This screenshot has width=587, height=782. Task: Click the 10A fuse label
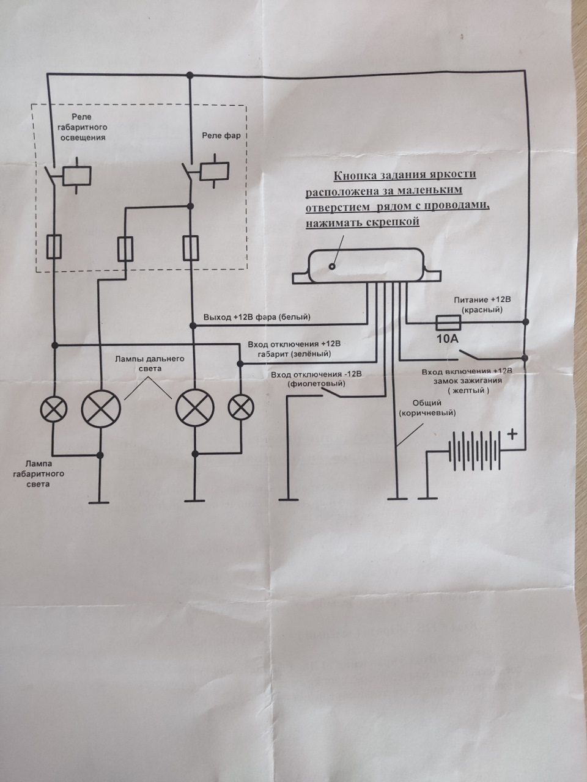click(448, 338)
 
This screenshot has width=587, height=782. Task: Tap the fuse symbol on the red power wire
click(449, 324)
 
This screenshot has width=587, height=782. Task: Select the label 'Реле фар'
click(221, 136)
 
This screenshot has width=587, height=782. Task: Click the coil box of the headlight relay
click(214, 171)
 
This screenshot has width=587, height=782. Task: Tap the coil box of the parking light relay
click(76, 176)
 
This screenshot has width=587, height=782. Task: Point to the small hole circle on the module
click(332, 266)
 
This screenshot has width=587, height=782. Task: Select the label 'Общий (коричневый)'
click(427, 408)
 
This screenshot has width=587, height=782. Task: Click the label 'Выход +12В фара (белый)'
click(257, 317)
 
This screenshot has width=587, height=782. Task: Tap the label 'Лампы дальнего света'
click(150, 364)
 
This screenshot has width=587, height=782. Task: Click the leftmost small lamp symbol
click(54, 408)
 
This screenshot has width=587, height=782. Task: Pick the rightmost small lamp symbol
click(241, 407)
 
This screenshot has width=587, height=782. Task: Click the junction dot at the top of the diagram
click(190, 75)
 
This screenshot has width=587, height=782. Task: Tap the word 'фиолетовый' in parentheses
click(316, 384)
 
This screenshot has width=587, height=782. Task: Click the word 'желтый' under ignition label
click(468, 390)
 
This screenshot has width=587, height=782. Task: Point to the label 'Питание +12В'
click(482, 299)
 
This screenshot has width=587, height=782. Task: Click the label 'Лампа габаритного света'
click(39, 474)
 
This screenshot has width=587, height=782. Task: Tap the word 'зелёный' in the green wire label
click(315, 354)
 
